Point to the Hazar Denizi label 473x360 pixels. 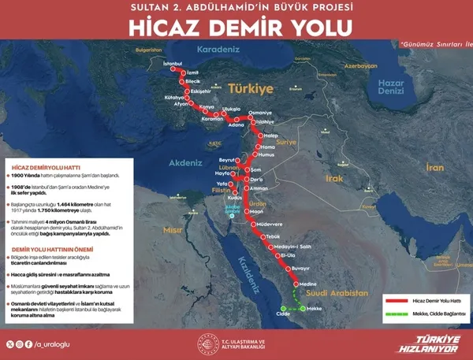coord(390,86)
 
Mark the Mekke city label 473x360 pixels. coord(314,309)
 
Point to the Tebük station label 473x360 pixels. coord(273,236)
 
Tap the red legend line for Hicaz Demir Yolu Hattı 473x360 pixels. coord(399,300)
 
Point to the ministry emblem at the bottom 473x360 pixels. coord(204,342)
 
